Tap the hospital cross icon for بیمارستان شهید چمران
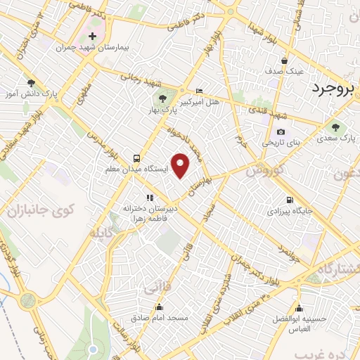pos(92,35)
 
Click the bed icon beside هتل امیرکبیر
pos(199,91)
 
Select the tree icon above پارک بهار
pos(162,98)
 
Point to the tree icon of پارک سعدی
pos(333,128)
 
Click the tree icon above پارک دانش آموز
pos(30,82)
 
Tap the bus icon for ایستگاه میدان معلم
pos(136,158)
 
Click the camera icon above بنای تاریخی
pos(281,131)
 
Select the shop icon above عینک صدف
pos(284,60)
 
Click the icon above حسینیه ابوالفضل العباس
pos(299,308)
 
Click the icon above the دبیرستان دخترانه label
pos(148,198)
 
